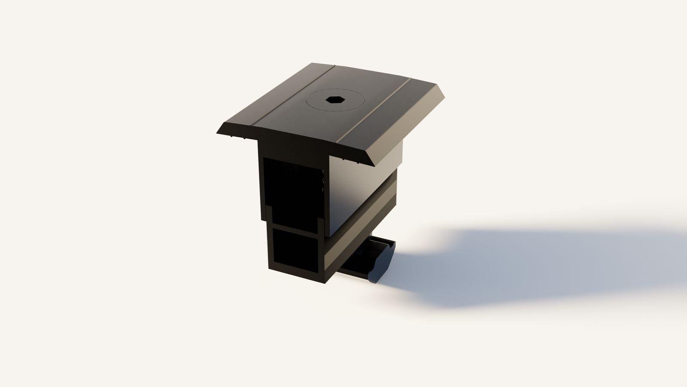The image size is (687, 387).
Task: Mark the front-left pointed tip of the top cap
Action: coord(218,133)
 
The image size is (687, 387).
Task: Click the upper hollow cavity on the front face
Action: coord(292,189)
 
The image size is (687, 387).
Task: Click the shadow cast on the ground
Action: coord(537,267)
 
